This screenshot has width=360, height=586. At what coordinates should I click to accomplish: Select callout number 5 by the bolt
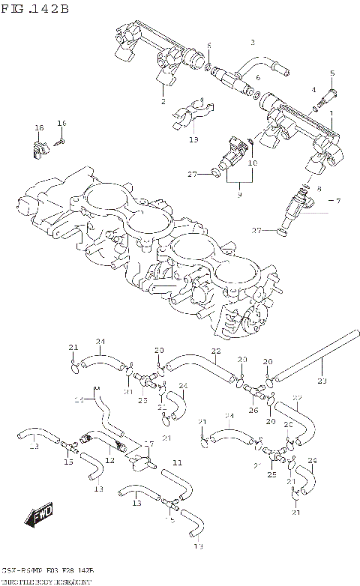click(x=331, y=73)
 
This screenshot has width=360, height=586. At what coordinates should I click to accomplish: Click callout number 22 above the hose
click(x=215, y=351)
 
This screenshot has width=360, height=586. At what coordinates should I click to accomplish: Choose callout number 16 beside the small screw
click(x=62, y=123)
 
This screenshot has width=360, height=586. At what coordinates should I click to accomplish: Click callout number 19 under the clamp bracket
click(x=193, y=139)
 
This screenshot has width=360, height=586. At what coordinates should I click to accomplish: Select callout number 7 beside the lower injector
click(x=253, y=163)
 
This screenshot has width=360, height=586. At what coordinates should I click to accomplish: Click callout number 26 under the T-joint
click(x=253, y=410)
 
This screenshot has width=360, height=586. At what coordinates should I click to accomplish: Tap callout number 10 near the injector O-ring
click(x=253, y=163)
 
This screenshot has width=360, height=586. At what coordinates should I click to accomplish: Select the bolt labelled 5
click(x=328, y=96)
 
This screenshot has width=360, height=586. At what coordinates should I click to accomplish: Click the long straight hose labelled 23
click(x=300, y=366)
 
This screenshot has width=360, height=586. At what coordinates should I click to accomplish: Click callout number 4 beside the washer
click(x=314, y=90)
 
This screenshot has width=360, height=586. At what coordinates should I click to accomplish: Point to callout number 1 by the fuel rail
click(x=331, y=114)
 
